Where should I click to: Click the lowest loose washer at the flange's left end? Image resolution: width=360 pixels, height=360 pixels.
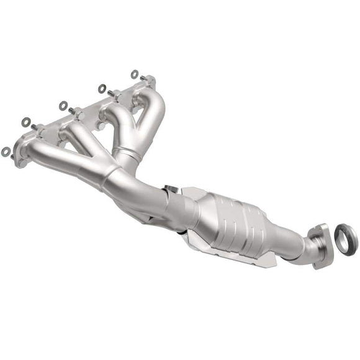[6, 150]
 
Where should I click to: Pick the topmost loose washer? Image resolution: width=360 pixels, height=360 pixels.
[134, 74]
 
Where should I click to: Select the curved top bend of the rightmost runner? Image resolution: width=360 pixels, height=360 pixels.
[155, 96]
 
